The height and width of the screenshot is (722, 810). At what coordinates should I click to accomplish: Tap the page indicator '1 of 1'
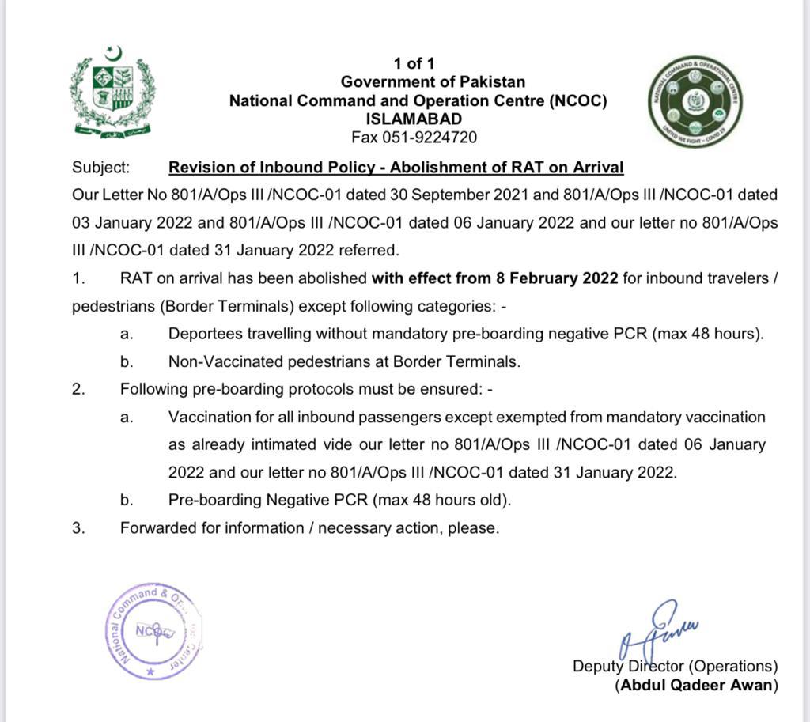414,64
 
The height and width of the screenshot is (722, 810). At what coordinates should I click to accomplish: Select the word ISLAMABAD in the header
414,119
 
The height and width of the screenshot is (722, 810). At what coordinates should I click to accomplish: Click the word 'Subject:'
101,168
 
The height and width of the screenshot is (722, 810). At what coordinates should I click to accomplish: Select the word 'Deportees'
201,334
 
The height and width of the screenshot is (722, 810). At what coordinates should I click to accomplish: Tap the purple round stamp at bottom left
153,630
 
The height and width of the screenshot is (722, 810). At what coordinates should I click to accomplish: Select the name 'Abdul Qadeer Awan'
697,686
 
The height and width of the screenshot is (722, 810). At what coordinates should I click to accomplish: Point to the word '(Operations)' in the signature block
733,667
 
